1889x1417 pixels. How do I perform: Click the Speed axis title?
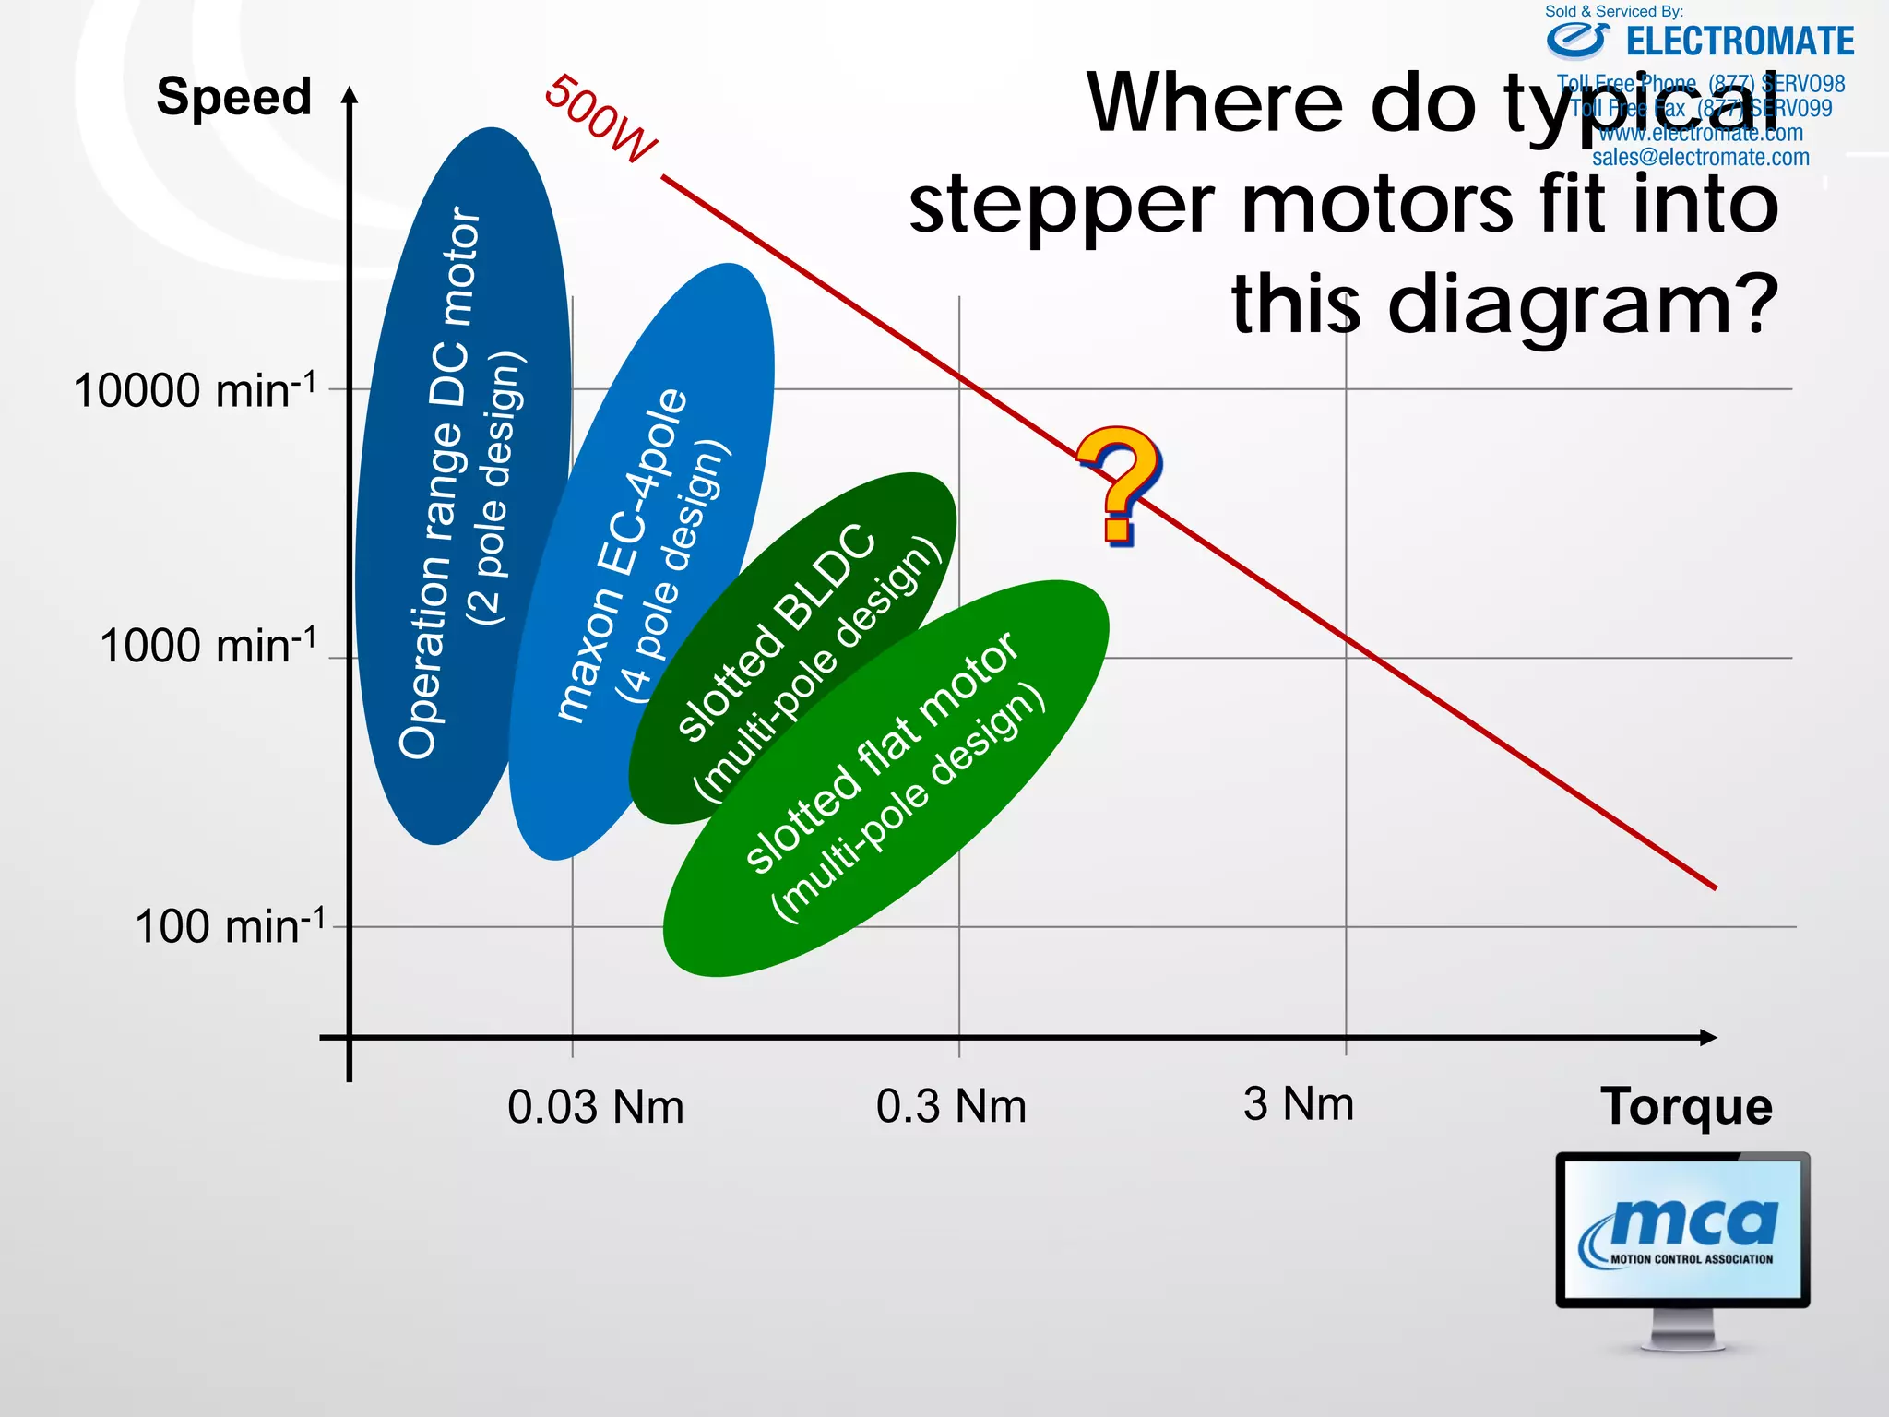point(234,97)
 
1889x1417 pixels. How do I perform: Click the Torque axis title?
point(1686,1106)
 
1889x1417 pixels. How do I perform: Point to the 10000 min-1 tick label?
point(195,390)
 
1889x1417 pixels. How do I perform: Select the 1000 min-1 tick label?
point(208,645)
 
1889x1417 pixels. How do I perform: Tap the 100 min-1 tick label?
point(230,925)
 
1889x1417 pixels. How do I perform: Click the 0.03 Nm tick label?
point(596,1106)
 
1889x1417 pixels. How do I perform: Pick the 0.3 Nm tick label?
point(951,1105)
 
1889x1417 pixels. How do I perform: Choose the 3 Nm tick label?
point(1299,1103)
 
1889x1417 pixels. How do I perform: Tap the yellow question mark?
point(1118,484)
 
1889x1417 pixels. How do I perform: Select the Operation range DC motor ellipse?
point(461,480)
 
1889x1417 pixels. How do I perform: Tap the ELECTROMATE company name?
point(1740,42)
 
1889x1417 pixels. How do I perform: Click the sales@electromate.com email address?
point(1701,158)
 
